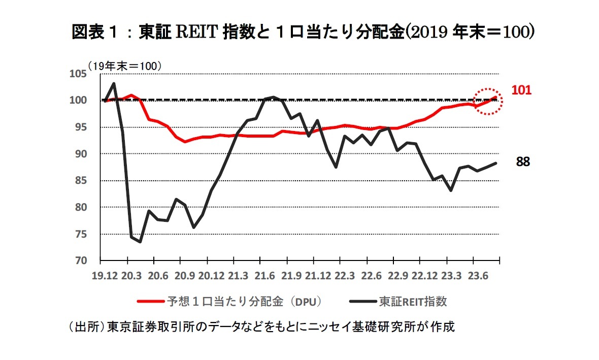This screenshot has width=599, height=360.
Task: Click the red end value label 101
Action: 521,90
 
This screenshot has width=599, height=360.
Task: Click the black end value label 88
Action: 523,162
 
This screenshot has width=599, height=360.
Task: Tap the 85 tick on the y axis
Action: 80,181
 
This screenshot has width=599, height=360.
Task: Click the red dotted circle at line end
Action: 488,101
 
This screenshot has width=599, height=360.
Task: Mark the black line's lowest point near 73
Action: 140,242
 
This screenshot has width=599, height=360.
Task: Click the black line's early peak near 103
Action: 114,83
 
